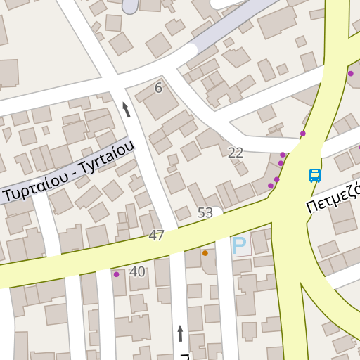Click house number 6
tap(158, 88)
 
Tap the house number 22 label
tap(236, 153)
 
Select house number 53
tap(205, 212)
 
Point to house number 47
tap(156, 236)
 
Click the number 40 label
tap(137, 271)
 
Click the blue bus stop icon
tap(315, 176)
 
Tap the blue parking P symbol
tap(240, 246)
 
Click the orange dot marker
tap(205, 253)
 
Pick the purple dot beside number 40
tap(117, 274)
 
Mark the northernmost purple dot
tap(350, 73)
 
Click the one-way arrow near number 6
tap(127, 109)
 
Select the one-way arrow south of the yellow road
tap(181, 333)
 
